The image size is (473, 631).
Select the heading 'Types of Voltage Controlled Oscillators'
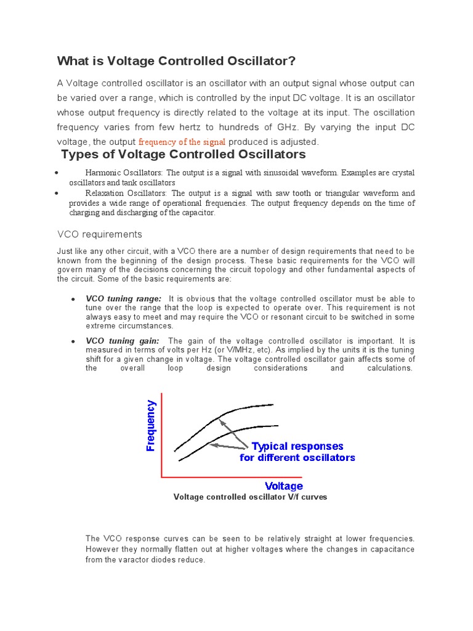coord(183,154)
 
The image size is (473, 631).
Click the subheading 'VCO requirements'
coord(99,234)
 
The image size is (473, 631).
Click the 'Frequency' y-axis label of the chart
coord(151,425)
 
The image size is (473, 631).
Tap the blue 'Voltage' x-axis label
coord(283,486)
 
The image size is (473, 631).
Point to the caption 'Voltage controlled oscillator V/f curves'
coord(250,497)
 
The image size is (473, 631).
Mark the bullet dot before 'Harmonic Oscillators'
coord(56,173)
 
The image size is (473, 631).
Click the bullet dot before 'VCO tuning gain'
coord(73,341)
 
